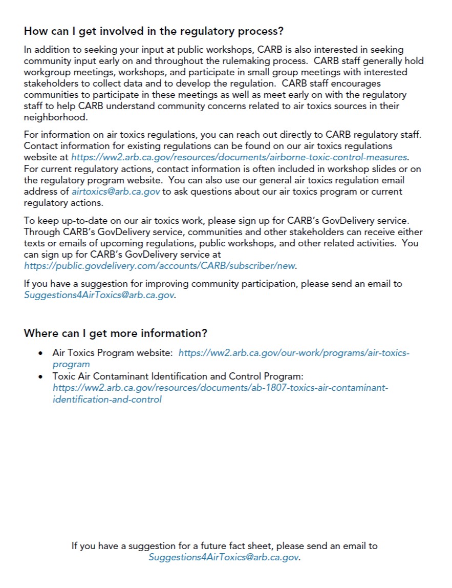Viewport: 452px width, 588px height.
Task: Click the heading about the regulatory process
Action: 154,31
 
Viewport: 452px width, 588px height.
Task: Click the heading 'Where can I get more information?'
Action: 115,333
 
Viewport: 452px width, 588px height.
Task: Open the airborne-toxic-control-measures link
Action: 240,157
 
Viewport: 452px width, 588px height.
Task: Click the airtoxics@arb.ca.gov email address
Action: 116,191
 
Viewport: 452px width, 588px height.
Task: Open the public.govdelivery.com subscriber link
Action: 160,266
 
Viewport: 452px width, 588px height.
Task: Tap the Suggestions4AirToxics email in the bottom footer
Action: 224,557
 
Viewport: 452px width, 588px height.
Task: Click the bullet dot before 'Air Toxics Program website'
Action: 41,353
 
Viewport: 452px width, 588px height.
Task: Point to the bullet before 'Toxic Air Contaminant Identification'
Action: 41,376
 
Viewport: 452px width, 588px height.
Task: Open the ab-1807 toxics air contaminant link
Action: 220,388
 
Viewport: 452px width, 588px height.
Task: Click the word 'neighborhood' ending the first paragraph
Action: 55,117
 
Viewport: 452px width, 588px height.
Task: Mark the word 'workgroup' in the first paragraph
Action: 46,72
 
